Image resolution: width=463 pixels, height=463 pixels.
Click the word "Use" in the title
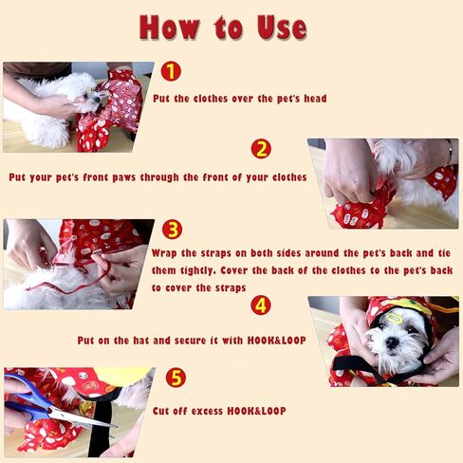click(x=282, y=28)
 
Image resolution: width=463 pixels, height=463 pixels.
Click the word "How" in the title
click(x=170, y=28)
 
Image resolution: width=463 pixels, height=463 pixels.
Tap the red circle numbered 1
click(x=171, y=71)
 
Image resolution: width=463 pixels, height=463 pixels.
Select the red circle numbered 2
click(x=261, y=149)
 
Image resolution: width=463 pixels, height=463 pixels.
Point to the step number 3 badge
click(x=173, y=230)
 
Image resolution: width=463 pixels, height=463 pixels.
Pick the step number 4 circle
click(x=261, y=306)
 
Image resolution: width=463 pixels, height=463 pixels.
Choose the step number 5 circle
click(x=176, y=378)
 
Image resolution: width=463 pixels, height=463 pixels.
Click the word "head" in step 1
click(x=315, y=99)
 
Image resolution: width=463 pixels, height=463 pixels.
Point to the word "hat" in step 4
click(x=141, y=341)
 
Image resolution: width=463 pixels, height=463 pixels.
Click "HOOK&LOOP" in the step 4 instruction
click(x=277, y=341)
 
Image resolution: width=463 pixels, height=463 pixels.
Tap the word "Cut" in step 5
click(x=161, y=411)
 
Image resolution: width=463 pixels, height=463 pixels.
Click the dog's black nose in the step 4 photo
click(x=393, y=343)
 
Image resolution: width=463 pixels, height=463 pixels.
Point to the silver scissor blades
click(x=83, y=417)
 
